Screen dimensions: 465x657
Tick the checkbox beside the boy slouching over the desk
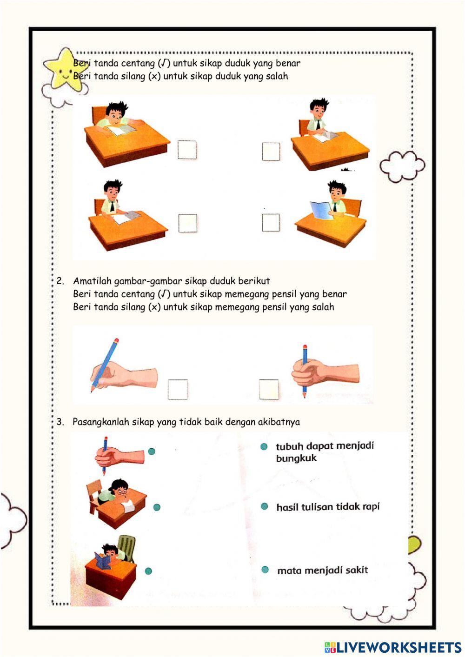pos(187,150)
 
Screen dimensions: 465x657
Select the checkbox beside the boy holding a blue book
pos(271,223)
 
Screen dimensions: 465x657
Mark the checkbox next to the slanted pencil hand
pos(178,390)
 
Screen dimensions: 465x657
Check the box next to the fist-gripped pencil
pos(269,389)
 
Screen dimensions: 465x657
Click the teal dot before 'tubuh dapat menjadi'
pos(264,447)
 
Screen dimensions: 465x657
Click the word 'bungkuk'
pos(296,458)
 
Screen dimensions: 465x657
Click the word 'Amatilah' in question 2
pos(92,281)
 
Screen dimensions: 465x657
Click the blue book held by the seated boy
pos(321,210)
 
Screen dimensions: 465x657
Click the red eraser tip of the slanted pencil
pos(116,340)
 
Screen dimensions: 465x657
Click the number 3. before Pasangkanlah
pos(60,422)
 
